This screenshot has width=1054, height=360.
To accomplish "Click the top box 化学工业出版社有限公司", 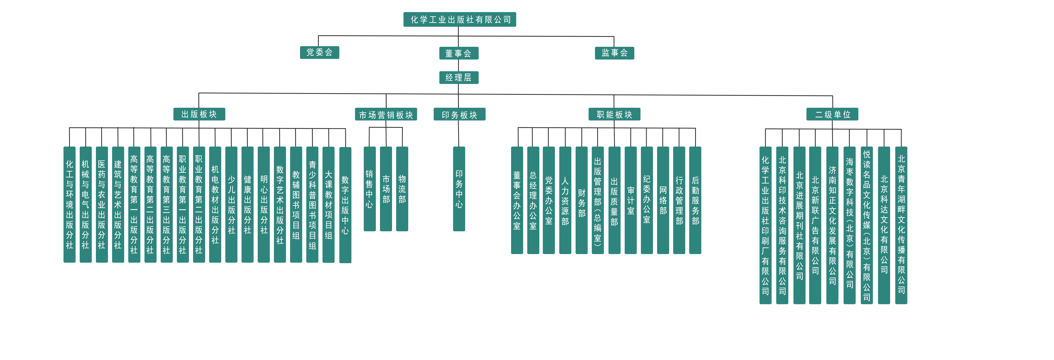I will (460, 19).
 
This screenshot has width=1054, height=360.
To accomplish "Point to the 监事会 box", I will (614, 53).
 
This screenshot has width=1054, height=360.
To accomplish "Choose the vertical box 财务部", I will (581, 200).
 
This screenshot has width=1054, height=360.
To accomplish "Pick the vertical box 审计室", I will (630, 200).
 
